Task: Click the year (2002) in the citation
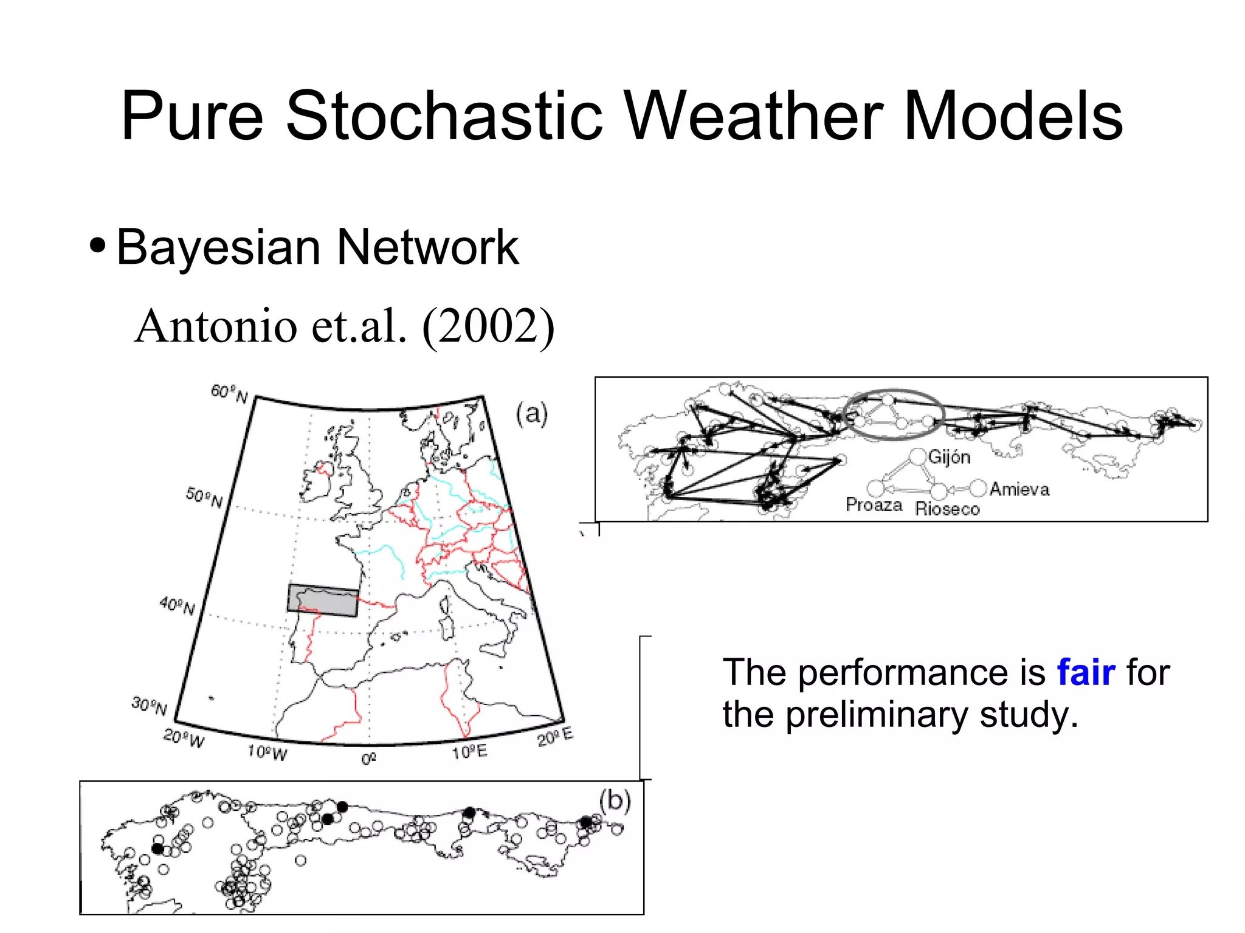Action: point(488,326)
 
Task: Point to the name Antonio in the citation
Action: point(216,326)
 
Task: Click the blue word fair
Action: point(1086,672)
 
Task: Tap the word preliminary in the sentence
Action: point(876,715)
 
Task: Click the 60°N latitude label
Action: point(229,394)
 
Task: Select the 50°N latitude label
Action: point(204,498)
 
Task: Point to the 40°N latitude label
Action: point(177,605)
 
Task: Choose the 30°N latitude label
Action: point(149,706)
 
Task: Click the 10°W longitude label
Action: point(267,753)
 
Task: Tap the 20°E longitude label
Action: point(554,737)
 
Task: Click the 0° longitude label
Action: point(369,759)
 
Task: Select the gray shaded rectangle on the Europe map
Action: point(323,601)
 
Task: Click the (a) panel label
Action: point(531,414)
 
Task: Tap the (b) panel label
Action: point(615,800)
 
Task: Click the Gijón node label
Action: point(949,457)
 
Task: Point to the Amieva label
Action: point(1019,489)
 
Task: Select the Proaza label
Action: point(874,505)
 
